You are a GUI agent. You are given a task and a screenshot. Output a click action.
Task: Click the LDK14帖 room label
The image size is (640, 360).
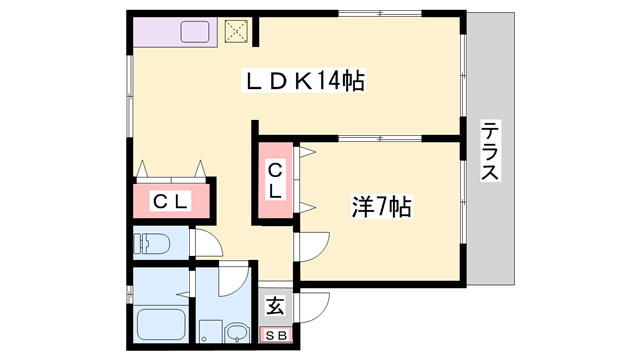(x=304, y=80)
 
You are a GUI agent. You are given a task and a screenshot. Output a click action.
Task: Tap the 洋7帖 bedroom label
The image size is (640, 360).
(x=382, y=207)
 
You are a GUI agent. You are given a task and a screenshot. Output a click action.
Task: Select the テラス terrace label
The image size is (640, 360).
(x=489, y=150)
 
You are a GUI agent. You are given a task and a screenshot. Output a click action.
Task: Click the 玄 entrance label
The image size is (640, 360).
(x=275, y=305)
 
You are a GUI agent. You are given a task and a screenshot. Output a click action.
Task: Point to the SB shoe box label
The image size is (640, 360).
(x=276, y=336)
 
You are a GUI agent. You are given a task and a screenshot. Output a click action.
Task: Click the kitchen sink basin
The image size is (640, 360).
(x=195, y=32)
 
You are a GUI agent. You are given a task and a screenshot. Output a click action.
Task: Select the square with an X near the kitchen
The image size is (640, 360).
(x=236, y=31)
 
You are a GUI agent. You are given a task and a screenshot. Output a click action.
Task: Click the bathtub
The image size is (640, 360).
(x=161, y=324)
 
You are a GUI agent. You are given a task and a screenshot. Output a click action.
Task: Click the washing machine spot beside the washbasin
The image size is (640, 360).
(x=210, y=331)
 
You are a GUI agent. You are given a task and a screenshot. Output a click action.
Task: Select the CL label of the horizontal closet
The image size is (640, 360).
(x=171, y=201)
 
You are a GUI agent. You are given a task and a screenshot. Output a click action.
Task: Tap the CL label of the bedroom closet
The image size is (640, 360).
(x=275, y=180)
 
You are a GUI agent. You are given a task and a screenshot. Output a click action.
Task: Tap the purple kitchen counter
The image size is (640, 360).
(x=175, y=32)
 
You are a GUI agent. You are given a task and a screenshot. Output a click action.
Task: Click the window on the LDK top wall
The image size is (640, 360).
(x=380, y=13)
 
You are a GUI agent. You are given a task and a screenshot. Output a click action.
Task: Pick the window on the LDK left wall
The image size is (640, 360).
(x=130, y=96)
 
